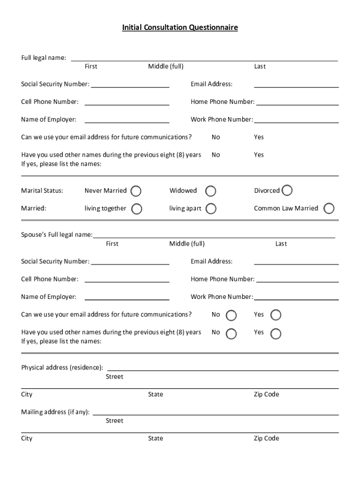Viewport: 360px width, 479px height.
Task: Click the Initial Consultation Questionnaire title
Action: tap(180, 28)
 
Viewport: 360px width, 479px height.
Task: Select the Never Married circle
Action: tap(136, 191)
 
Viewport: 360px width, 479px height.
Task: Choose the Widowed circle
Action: tap(211, 191)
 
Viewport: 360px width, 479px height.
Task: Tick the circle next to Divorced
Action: tap(287, 190)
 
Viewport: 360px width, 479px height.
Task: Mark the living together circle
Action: tap(137, 209)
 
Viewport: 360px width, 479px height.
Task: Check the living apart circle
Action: tap(211, 209)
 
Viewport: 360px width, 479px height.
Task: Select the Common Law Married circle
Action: tap(329, 208)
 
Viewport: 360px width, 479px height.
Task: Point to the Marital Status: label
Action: tap(42, 190)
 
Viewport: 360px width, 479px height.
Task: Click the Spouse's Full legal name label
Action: tap(57, 234)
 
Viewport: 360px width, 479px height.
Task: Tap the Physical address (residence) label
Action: tap(62, 367)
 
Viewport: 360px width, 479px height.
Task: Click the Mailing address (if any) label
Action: tap(56, 412)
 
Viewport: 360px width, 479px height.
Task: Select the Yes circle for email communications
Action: tap(276, 315)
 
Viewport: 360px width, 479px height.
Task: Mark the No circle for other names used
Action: tap(231, 333)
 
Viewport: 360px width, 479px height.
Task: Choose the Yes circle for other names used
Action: tap(276, 333)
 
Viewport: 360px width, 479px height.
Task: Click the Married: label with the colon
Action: tap(34, 208)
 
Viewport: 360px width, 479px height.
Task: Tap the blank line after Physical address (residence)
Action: tap(223, 370)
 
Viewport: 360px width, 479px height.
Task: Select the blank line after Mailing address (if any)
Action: tap(216, 414)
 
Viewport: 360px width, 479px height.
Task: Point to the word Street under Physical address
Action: tap(115, 377)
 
